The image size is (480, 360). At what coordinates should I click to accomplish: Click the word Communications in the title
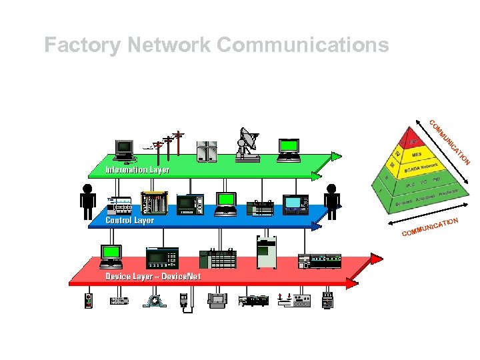(x=303, y=45)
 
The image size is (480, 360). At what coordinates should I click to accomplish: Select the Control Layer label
(x=129, y=220)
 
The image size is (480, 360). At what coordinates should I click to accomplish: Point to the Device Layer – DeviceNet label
(x=153, y=276)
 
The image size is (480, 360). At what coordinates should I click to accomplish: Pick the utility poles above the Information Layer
(x=169, y=145)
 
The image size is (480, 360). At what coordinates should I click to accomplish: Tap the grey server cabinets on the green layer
(x=207, y=151)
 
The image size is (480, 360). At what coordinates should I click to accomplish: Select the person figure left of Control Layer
(x=87, y=201)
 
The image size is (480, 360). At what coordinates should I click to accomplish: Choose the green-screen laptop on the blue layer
(x=227, y=203)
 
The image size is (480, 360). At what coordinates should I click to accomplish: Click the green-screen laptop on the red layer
(x=111, y=255)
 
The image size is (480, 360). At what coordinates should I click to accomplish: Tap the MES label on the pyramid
(x=417, y=155)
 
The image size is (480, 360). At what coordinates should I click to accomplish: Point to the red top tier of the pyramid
(x=411, y=141)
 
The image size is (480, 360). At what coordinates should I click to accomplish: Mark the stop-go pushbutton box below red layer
(x=89, y=301)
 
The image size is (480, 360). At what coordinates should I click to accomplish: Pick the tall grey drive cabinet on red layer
(x=267, y=251)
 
